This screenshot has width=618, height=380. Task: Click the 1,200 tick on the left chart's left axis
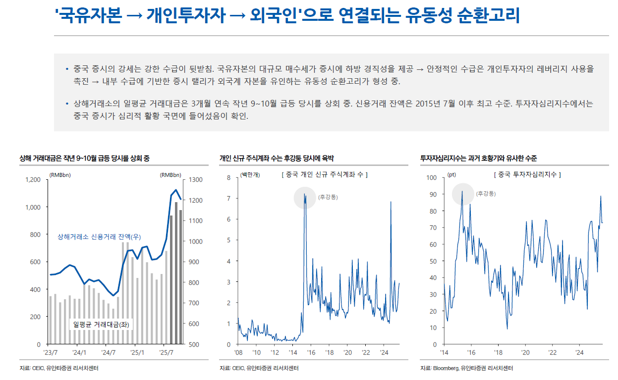[33, 179]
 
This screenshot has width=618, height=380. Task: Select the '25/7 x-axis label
[167, 353]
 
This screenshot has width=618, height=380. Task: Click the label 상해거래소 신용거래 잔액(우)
[99, 236]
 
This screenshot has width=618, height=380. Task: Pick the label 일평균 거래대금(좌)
[103, 324]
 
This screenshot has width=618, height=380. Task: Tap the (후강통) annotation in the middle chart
[328, 197]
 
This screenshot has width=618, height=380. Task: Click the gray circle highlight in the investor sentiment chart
[463, 193]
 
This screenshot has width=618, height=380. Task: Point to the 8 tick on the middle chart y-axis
[228, 177]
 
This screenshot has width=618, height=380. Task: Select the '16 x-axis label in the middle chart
[311, 353]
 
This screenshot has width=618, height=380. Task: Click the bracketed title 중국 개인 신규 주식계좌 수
[324, 174]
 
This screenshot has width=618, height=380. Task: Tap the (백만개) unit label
[250, 174]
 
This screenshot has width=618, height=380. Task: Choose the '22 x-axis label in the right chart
[552, 353]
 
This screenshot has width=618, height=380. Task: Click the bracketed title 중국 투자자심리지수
[527, 174]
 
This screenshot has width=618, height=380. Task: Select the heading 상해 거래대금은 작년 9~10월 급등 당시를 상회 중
[84, 158]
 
